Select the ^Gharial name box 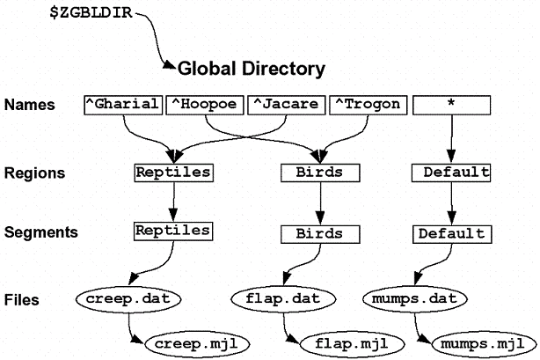(123, 104)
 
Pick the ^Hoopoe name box (206, 104)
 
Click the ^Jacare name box (286, 104)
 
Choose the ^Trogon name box (368, 104)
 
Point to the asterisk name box (451, 104)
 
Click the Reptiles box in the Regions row (173, 172)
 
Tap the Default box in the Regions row (451, 173)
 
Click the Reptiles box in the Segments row (173, 231)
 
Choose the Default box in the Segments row (451, 234)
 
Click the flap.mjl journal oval (343, 341)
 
